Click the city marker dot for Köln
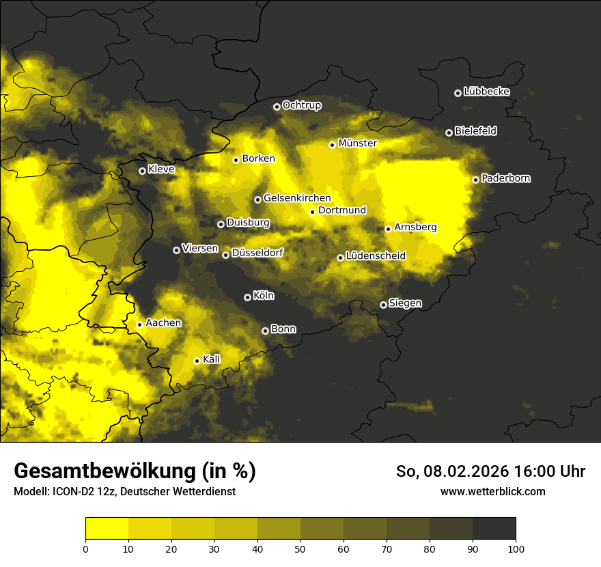[x=247, y=297]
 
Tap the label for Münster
[x=357, y=143]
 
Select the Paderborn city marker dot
[x=475, y=180]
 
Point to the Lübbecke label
[x=486, y=92]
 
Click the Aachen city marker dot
[x=139, y=324]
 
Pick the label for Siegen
[x=405, y=303]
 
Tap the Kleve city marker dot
[x=142, y=171]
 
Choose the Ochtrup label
[x=301, y=105]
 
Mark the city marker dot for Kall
[x=197, y=361]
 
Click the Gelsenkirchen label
[x=296, y=198]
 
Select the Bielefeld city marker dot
[x=449, y=133]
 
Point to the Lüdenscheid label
[x=376, y=256]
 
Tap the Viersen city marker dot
[x=176, y=250]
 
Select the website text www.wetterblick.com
[x=492, y=491]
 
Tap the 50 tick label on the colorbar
[x=300, y=549]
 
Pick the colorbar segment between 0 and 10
[x=107, y=528]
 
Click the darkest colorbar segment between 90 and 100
[x=494, y=528]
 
